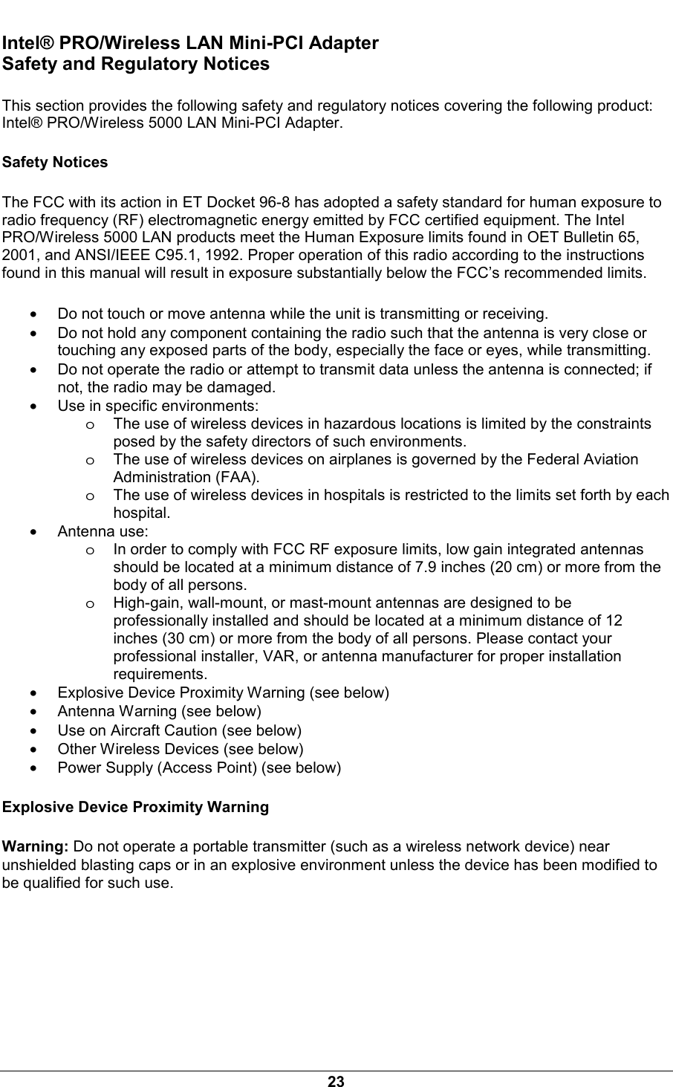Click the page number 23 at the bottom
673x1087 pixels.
[x=336, y=1081]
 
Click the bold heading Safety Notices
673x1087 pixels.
[x=56, y=162]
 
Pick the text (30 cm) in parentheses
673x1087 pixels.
[x=178, y=639]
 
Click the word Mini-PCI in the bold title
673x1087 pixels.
[x=279, y=43]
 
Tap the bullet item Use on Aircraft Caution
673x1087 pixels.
[x=180, y=730]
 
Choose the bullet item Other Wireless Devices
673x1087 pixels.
[x=181, y=749]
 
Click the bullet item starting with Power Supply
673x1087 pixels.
[x=199, y=768]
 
